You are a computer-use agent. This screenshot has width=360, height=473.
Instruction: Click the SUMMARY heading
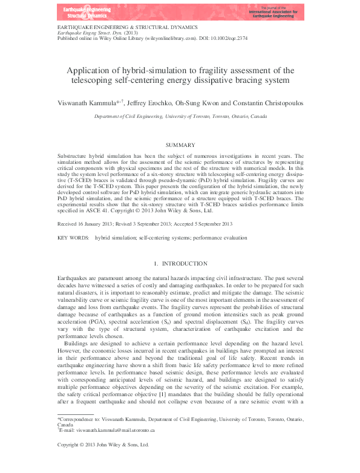tap(180, 145)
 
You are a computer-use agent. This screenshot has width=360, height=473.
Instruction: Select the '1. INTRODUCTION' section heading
tap(180, 264)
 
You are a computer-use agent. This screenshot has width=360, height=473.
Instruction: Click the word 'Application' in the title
tap(101, 70)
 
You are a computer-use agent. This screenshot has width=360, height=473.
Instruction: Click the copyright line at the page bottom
tap(103, 461)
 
